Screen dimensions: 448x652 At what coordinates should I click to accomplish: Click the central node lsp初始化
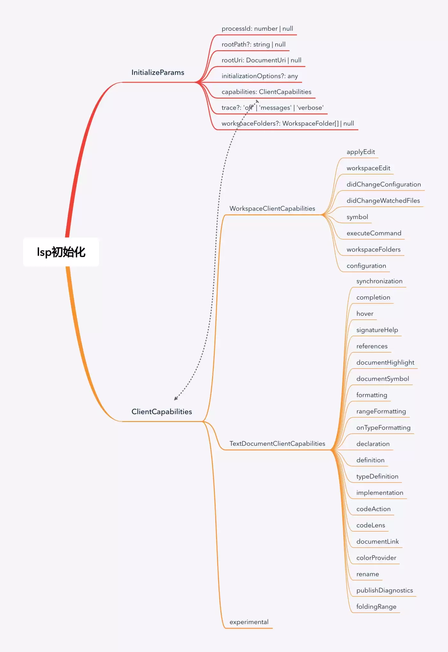(61, 252)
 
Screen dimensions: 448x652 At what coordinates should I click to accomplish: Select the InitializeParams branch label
(158, 72)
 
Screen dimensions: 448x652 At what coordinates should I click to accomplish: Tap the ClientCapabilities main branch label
(162, 412)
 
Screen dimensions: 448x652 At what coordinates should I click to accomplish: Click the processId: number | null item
(257, 29)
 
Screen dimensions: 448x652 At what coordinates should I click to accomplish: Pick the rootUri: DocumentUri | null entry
(261, 60)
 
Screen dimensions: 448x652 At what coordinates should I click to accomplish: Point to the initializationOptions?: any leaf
(260, 76)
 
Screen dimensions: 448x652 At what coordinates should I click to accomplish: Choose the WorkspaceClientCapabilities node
(272, 208)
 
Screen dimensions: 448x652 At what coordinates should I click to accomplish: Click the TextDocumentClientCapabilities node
(277, 444)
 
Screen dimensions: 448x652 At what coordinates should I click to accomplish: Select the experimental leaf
(249, 622)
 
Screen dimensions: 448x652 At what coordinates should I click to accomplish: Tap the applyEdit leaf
(361, 152)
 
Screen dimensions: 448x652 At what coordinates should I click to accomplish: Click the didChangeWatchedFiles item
(383, 200)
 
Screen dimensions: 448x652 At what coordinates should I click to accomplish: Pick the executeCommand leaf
(374, 233)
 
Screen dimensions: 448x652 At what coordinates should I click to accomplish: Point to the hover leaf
(365, 314)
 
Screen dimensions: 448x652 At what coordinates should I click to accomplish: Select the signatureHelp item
(377, 330)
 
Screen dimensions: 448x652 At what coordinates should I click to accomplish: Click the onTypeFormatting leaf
(383, 428)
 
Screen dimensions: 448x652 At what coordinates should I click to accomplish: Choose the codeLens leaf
(371, 525)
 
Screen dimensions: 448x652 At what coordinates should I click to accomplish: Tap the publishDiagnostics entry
(385, 590)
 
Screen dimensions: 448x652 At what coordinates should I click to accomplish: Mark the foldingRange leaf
(376, 607)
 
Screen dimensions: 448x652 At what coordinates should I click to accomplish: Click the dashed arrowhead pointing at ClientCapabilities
(176, 398)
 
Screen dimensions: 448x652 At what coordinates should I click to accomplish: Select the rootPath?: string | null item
(253, 45)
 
